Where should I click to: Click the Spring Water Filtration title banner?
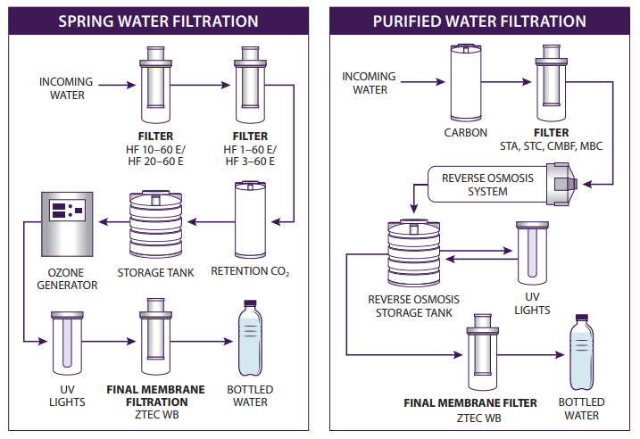point(158,21)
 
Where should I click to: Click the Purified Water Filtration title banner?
point(479,21)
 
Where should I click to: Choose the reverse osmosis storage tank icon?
point(412,255)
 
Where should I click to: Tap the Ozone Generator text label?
point(68,279)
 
